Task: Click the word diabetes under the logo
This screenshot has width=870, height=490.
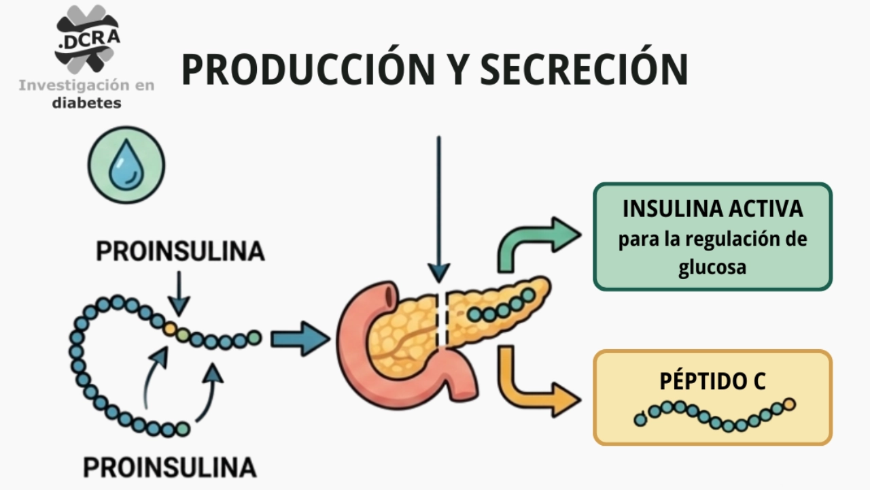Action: tap(87, 103)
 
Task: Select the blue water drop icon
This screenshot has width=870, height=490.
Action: tap(126, 165)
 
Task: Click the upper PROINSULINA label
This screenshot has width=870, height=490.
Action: tap(180, 251)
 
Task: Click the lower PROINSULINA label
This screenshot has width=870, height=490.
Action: tap(170, 468)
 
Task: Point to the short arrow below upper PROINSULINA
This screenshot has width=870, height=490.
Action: tap(178, 293)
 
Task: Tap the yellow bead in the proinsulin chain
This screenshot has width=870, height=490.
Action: tap(170, 329)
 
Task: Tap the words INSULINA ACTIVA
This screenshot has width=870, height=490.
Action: tap(712, 209)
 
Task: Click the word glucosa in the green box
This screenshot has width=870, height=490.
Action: tap(712, 267)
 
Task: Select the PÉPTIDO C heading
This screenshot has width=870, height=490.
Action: tap(712, 381)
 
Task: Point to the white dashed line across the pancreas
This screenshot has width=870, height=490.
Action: tap(442, 320)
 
